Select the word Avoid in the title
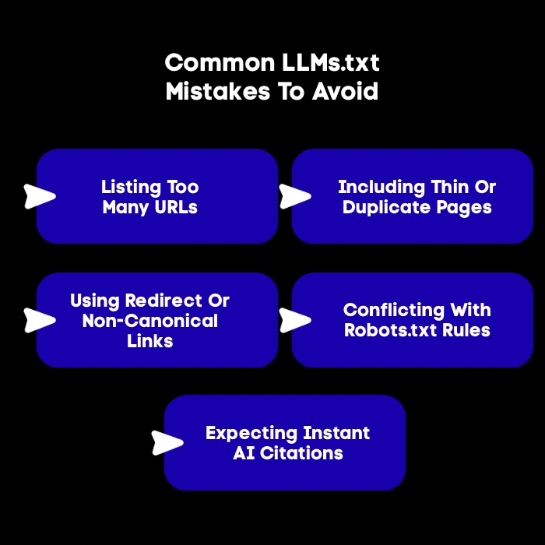[345, 92]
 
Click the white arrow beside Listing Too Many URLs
[40, 196]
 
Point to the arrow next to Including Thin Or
[295, 196]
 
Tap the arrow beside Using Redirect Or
[40, 319]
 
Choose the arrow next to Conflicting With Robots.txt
[295, 319]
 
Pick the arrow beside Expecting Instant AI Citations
[167, 442]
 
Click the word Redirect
[165, 301]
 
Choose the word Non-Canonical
[149, 321]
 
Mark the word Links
[149, 341]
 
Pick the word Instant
[334, 433]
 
